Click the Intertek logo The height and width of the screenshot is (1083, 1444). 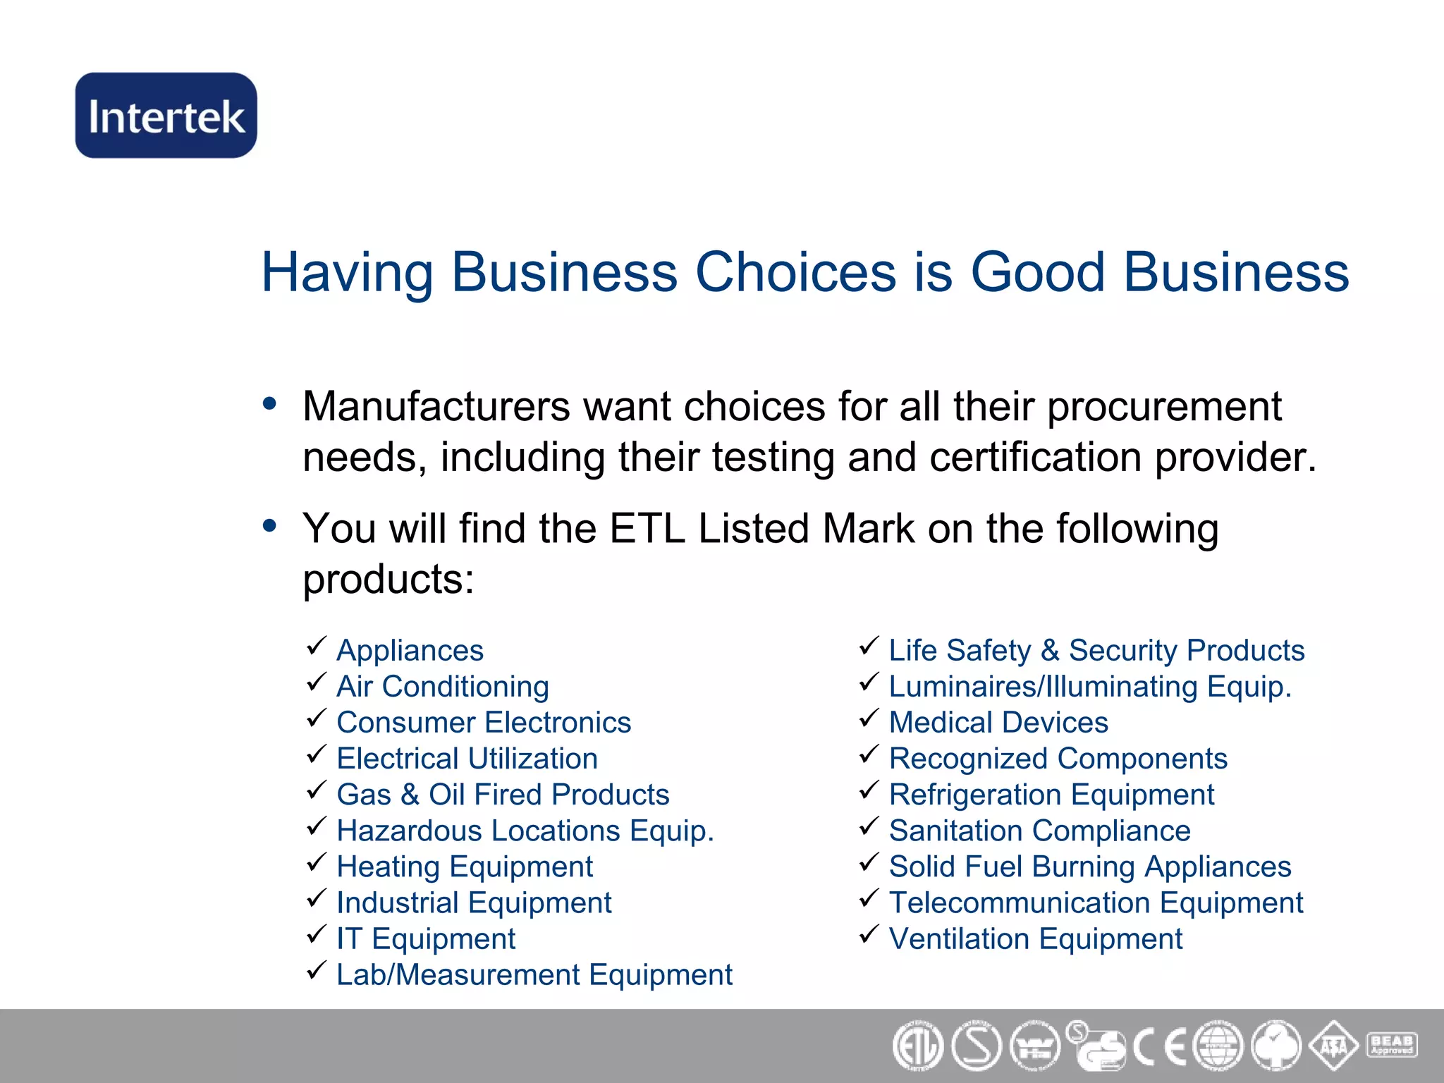[x=166, y=115]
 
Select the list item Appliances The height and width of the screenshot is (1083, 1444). [x=410, y=650]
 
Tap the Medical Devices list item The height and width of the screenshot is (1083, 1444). [x=998, y=722]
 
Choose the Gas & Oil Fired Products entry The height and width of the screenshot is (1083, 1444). [x=503, y=795]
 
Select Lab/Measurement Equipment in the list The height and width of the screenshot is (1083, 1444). [x=534, y=975]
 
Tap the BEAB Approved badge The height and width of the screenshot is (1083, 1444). [x=1391, y=1045]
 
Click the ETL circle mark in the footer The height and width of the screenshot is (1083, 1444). [x=917, y=1046]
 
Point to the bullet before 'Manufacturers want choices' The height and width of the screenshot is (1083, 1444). [x=269, y=404]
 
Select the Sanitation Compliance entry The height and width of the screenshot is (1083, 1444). [x=1039, y=831]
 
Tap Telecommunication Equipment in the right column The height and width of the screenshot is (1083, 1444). [x=1096, y=902]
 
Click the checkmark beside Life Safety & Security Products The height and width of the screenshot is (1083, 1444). [x=869, y=646]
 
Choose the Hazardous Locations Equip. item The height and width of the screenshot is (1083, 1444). [x=525, y=831]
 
